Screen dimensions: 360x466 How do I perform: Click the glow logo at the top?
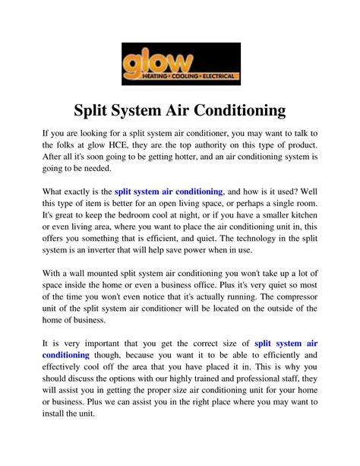[180, 63]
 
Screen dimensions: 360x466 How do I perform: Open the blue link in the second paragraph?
[168, 192]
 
